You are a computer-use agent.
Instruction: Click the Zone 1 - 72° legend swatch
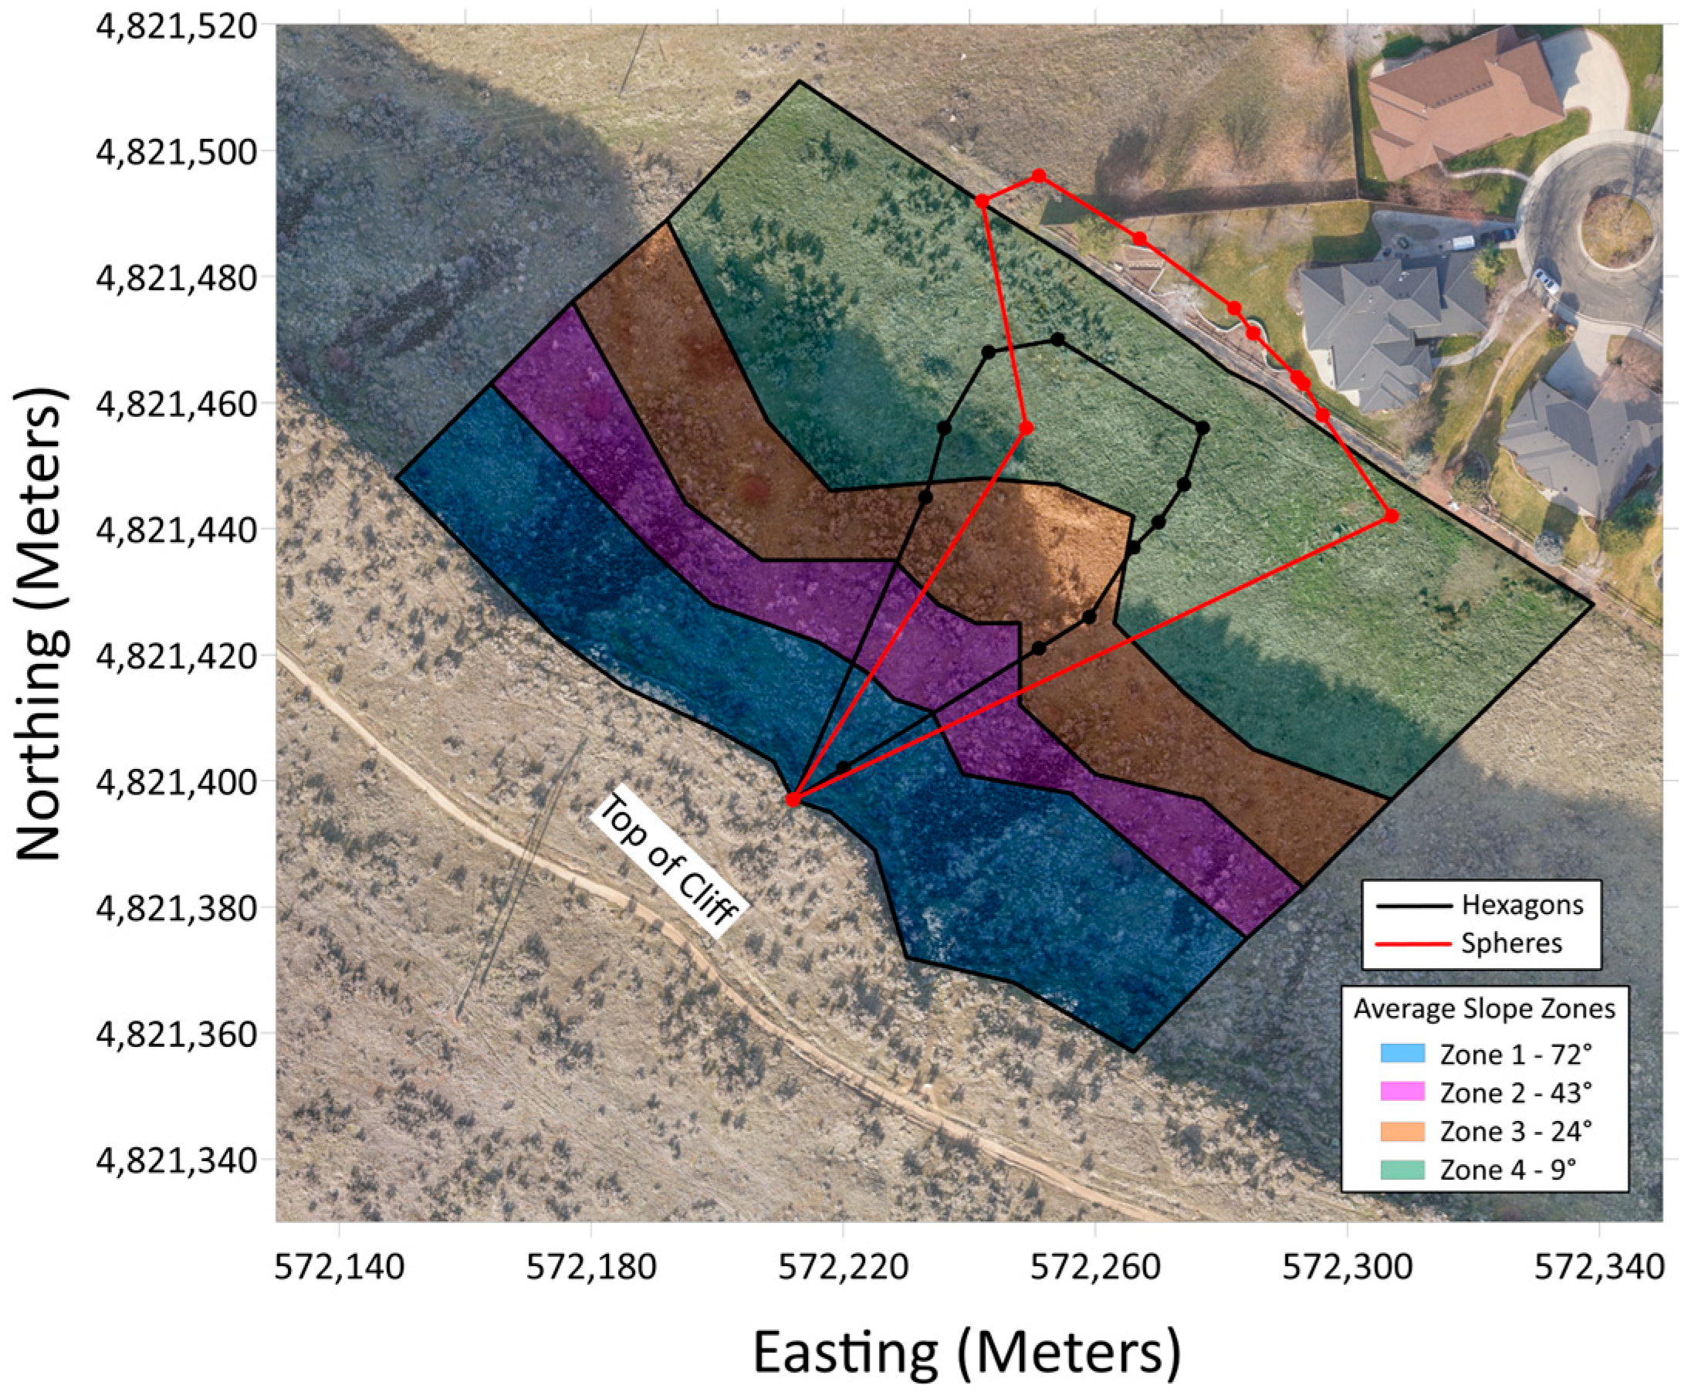pos(1402,1053)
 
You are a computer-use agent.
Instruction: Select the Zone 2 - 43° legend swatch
pos(1402,1092)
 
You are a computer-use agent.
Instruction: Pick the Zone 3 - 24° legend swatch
pos(1402,1130)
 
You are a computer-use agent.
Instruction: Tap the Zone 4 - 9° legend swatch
pos(1402,1169)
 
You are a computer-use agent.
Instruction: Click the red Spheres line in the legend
pos(1414,943)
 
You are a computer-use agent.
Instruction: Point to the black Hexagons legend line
pos(1414,906)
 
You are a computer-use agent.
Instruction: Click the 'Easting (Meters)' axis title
pos(965,1350)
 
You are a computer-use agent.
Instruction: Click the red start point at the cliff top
pos(793,799)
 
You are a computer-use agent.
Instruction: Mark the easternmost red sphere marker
pos(1391,516)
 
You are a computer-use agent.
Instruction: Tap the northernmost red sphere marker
pos(1039,175)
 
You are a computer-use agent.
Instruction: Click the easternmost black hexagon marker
pos(1202,428)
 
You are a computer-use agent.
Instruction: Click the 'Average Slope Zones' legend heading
pos(1484,1009)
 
